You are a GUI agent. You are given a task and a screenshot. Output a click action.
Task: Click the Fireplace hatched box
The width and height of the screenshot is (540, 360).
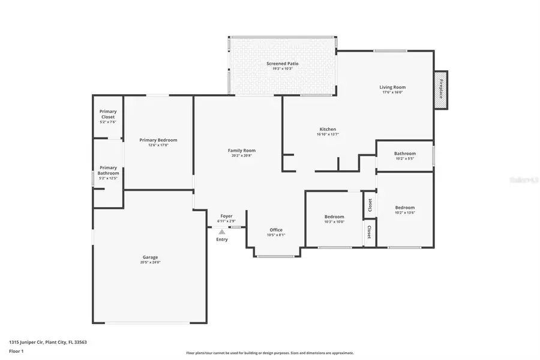(x=441, y=89)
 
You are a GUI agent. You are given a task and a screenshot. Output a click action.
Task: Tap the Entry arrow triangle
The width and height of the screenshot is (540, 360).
(x=222, y=232)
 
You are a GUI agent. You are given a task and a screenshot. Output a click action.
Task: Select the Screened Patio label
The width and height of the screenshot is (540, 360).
(x=282, y=64)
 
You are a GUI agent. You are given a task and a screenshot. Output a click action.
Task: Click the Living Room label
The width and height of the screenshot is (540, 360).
(x=392, y=87)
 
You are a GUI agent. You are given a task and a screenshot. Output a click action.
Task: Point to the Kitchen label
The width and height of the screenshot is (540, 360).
(x=328, y=129)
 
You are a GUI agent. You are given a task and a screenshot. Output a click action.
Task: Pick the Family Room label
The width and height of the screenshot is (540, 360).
(x=242, y=151)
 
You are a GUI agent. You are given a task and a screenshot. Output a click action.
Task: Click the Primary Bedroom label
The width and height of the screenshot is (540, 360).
(x=158, y=140)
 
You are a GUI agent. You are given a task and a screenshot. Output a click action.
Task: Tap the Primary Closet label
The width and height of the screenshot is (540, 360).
(x=108, y=114)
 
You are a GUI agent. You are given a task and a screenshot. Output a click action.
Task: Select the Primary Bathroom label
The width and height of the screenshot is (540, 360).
(x=108, y=170)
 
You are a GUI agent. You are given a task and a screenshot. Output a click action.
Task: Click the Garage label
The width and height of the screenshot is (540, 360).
(x=150, y=257)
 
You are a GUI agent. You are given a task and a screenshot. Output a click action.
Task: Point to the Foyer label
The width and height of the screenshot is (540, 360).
(x=226, y=216)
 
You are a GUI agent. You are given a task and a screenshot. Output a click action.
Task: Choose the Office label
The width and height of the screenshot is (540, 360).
(x=276, y=230)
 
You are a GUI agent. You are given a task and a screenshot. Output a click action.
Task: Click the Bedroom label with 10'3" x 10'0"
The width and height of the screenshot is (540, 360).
(x=334, y=217)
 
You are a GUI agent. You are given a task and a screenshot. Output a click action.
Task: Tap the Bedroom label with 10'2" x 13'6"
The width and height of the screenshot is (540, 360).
(x=405, y=208)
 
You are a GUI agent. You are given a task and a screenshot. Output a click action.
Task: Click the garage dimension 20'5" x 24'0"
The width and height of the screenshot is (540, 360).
(x=150, y=262)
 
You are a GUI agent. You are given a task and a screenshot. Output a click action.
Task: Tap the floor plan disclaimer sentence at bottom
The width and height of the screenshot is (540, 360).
(x=270, y=353)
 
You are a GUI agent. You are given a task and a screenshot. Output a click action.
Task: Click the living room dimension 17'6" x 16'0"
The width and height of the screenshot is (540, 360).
(x=392, y=92)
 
